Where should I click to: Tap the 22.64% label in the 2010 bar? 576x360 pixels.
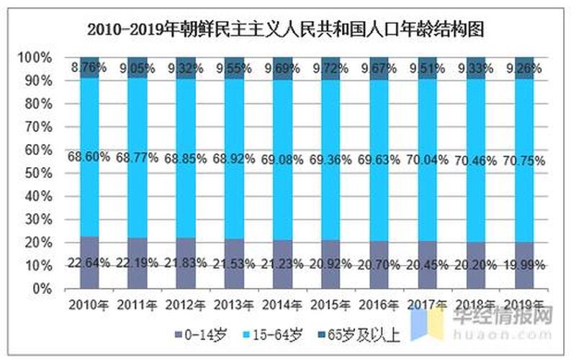[x=89, y=263]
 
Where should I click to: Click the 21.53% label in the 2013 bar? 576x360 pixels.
[x=235, y=263]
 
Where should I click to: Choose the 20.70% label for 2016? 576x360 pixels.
[x=380, y=263]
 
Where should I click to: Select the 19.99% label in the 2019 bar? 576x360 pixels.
[x=525, y=263]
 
